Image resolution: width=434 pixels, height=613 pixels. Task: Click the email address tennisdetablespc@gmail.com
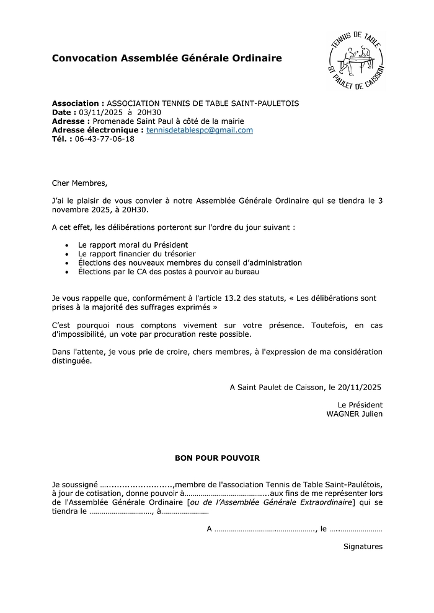[200, 130]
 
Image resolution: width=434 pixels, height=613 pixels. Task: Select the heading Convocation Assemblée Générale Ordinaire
[167, 58]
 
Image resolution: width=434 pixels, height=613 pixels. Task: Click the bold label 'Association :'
[78, 103]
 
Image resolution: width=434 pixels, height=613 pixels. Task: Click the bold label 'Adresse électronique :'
[98, 130]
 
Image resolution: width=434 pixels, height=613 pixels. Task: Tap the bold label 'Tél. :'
[62, 139]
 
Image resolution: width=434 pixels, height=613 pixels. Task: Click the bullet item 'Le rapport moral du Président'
[133, 245]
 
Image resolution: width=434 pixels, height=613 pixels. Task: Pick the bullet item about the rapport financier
[136, 254]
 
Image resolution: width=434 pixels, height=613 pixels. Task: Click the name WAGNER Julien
[354, 414]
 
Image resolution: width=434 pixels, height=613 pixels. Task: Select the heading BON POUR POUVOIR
[217, 458]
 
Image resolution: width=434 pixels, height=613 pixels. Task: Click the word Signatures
[363, 546]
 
